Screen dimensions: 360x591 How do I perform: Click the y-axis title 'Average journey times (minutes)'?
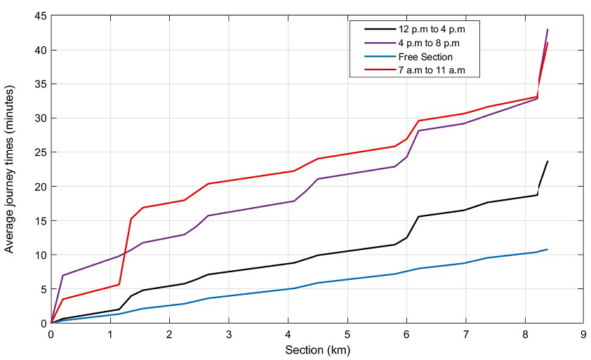click(x=10, y=170)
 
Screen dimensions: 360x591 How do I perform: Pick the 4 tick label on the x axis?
click(x=288, y=334)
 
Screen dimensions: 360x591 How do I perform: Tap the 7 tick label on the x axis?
click(x=465, y=334)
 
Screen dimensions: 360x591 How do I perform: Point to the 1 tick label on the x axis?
click(x=110, y=334)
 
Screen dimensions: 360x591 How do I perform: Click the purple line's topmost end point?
click(x=547, y=29)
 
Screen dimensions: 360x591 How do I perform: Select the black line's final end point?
click(x=547, y=161)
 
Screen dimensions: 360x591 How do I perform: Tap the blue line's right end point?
click(x=547, y=249)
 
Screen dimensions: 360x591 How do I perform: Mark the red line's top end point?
click(x=547, y=43)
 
